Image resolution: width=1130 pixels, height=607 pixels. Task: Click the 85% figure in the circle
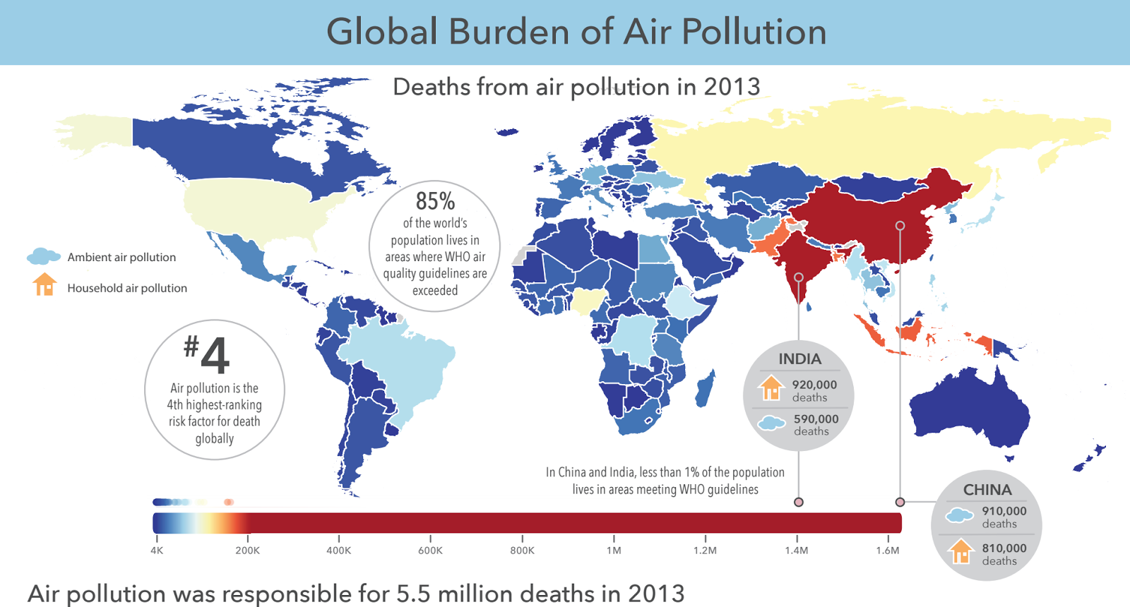tap(435, 201)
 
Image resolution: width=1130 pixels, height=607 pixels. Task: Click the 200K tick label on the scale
tap(247, 551)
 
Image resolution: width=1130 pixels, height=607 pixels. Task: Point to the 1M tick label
tap(614, 551)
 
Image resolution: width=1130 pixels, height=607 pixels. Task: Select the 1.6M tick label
tap(888, 551)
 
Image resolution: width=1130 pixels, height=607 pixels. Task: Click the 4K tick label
tap(157, 551)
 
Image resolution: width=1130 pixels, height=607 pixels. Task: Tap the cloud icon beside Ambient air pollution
tap(43, 256)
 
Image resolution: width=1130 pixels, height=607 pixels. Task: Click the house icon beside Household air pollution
tap(44, 284)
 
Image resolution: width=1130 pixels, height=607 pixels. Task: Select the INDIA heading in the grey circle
tap(799, 359)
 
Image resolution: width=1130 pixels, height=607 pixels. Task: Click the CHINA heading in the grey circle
tap(987, 490)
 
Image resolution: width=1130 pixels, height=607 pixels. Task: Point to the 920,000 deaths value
tap(814, 385)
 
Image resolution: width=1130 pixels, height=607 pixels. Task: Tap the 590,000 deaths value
tap(816, 419)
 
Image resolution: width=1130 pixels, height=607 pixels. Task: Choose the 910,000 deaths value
tap(1004, 511)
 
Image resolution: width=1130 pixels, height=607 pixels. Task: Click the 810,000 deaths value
tap(1004, 548)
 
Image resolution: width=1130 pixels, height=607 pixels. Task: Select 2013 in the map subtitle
tap(732, 87)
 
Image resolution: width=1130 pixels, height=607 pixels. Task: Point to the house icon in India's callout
tap(771, 387)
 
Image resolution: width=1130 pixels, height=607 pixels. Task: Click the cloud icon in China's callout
tap(959, 515)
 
